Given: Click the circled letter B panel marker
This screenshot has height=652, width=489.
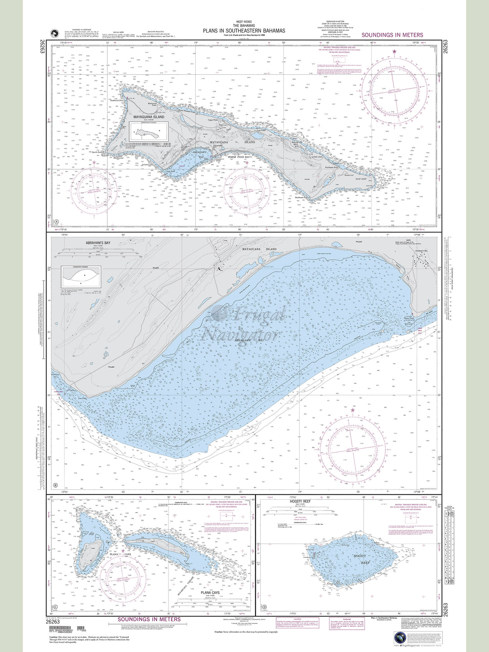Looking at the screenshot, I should tap(56, 486).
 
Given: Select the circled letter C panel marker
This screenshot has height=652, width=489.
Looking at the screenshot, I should tap(56, 607).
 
